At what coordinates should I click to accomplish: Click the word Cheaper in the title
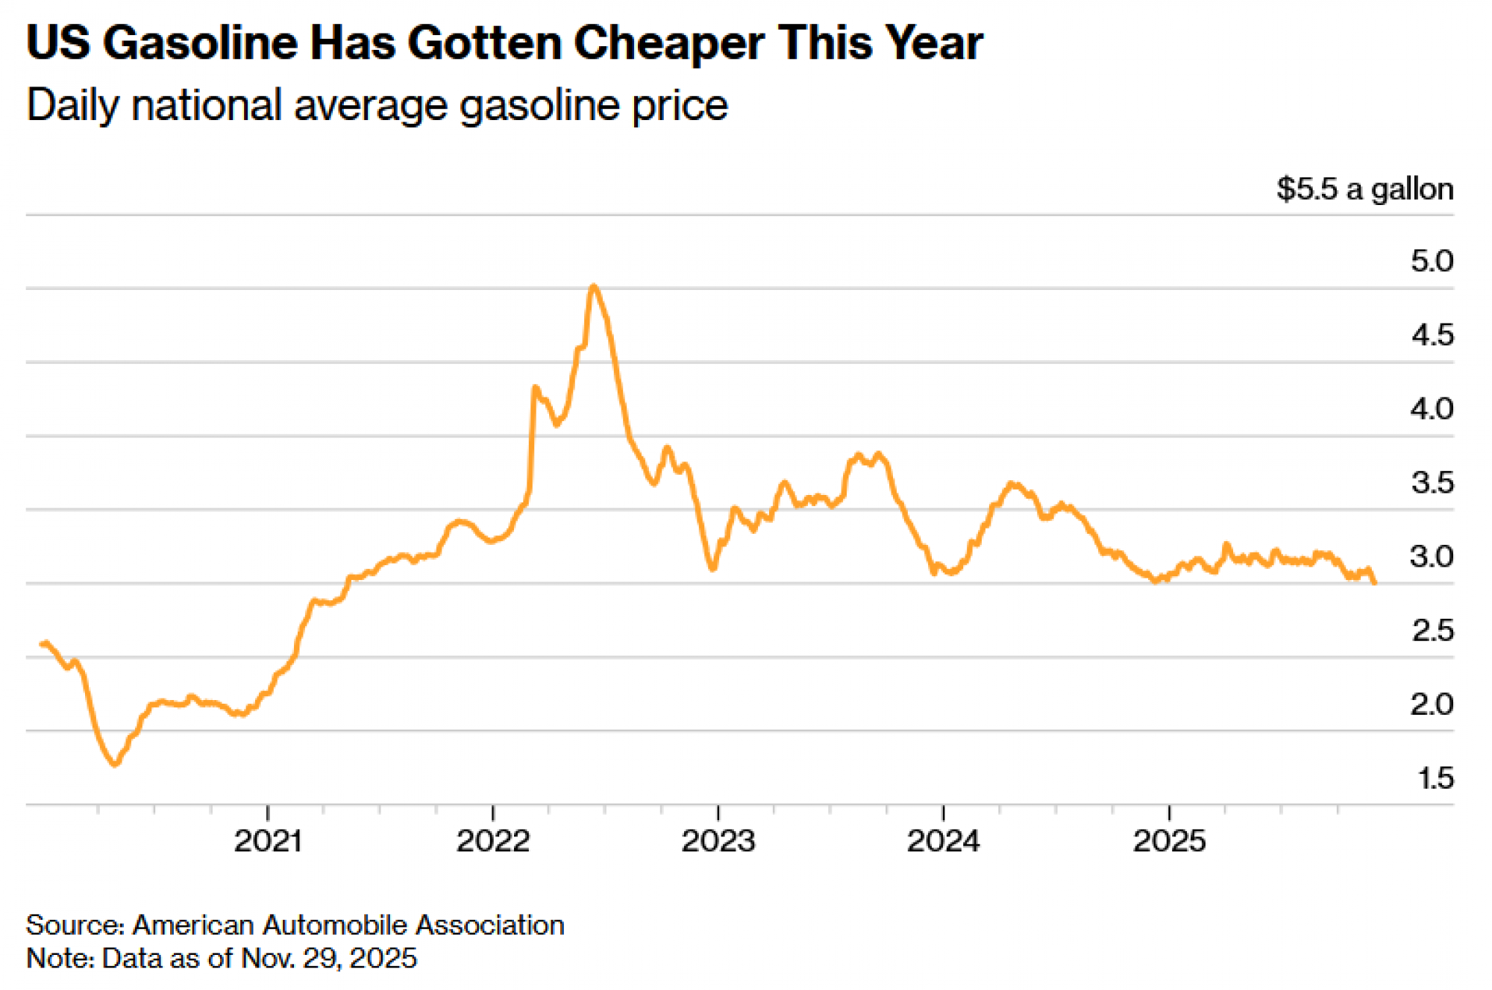(x=668, y=43)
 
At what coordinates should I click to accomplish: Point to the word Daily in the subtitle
(x=72, y=105)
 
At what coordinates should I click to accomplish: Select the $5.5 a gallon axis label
(x=1364, y=189)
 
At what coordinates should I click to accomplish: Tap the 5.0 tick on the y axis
(x=1432, y=261)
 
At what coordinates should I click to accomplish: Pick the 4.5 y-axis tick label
(x=1432, y=335)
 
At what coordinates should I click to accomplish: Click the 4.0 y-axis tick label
(x=1432, y=409)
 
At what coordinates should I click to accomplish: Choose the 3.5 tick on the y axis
(x=1432, y=482)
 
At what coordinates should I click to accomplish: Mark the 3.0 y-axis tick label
(x=1432, y=556)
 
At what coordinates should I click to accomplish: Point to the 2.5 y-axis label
(x=1432, y=631)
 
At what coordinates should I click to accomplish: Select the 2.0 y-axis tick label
(x=1432, y=704)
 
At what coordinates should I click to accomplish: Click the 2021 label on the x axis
(x=268, y=841)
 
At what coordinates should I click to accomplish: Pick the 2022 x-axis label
(x=493, y=841)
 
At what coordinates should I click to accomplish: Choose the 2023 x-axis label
(x=718, y=841)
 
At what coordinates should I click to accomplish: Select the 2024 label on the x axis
(x=944, y=841)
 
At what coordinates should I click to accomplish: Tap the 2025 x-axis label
(x=1169, y=841)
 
